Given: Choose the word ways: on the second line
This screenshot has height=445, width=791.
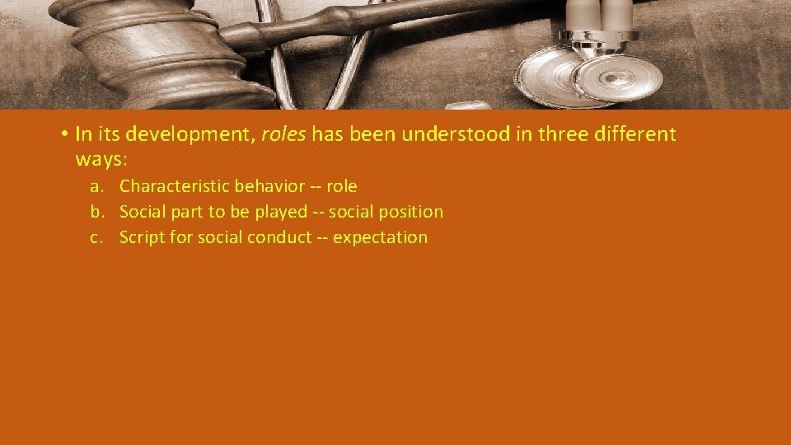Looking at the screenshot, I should click(x=101, y=158).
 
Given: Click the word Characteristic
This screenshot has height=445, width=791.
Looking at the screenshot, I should click(x=171, y=186).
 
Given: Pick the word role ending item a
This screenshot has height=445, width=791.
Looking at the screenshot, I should click(x=342, y=186).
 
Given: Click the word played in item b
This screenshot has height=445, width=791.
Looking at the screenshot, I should click(x=280, y=212).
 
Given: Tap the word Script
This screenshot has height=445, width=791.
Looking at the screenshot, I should click(x=141, y=237).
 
